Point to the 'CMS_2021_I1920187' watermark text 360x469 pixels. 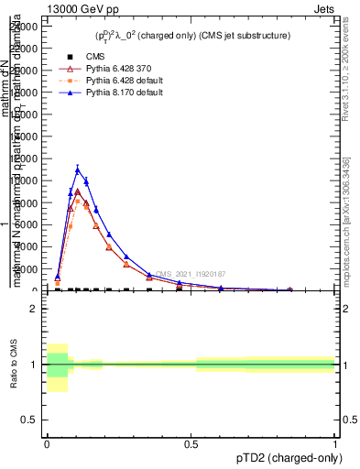tap(189, 274)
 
